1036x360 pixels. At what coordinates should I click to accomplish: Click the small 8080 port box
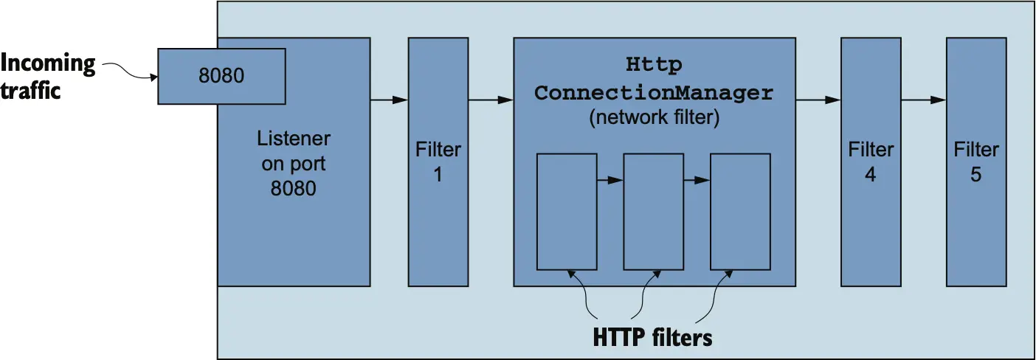click(x=221, y=76)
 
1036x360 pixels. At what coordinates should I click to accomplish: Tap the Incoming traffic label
click(x=48, y=77)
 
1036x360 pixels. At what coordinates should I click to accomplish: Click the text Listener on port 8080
click(x=294, y=163)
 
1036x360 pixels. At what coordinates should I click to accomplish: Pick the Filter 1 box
click(x=438, y=162)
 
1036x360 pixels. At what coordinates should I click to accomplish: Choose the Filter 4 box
click(x=871, y=162)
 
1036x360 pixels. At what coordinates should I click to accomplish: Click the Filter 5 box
click(x=976, y=162)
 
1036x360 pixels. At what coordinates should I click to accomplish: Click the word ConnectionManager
click(x=654, y=94)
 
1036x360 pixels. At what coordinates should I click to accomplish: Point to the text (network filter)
click(x=654, y=118)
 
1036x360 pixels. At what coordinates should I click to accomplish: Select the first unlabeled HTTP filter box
click(x=567, y=212)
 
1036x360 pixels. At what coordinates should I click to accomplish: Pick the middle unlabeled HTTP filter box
click(x=654, y=212)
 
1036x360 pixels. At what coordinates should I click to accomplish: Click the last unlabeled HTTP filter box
click(x=740, y=212)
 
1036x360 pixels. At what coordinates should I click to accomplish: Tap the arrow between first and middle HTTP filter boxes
click(x=610, y=179)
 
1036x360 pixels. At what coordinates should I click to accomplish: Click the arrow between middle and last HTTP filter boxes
click(x=697, y=179)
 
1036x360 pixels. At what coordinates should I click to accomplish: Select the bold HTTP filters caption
click(x=653, y=338)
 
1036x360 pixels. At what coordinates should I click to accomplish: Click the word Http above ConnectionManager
click(x=654, y=65)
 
